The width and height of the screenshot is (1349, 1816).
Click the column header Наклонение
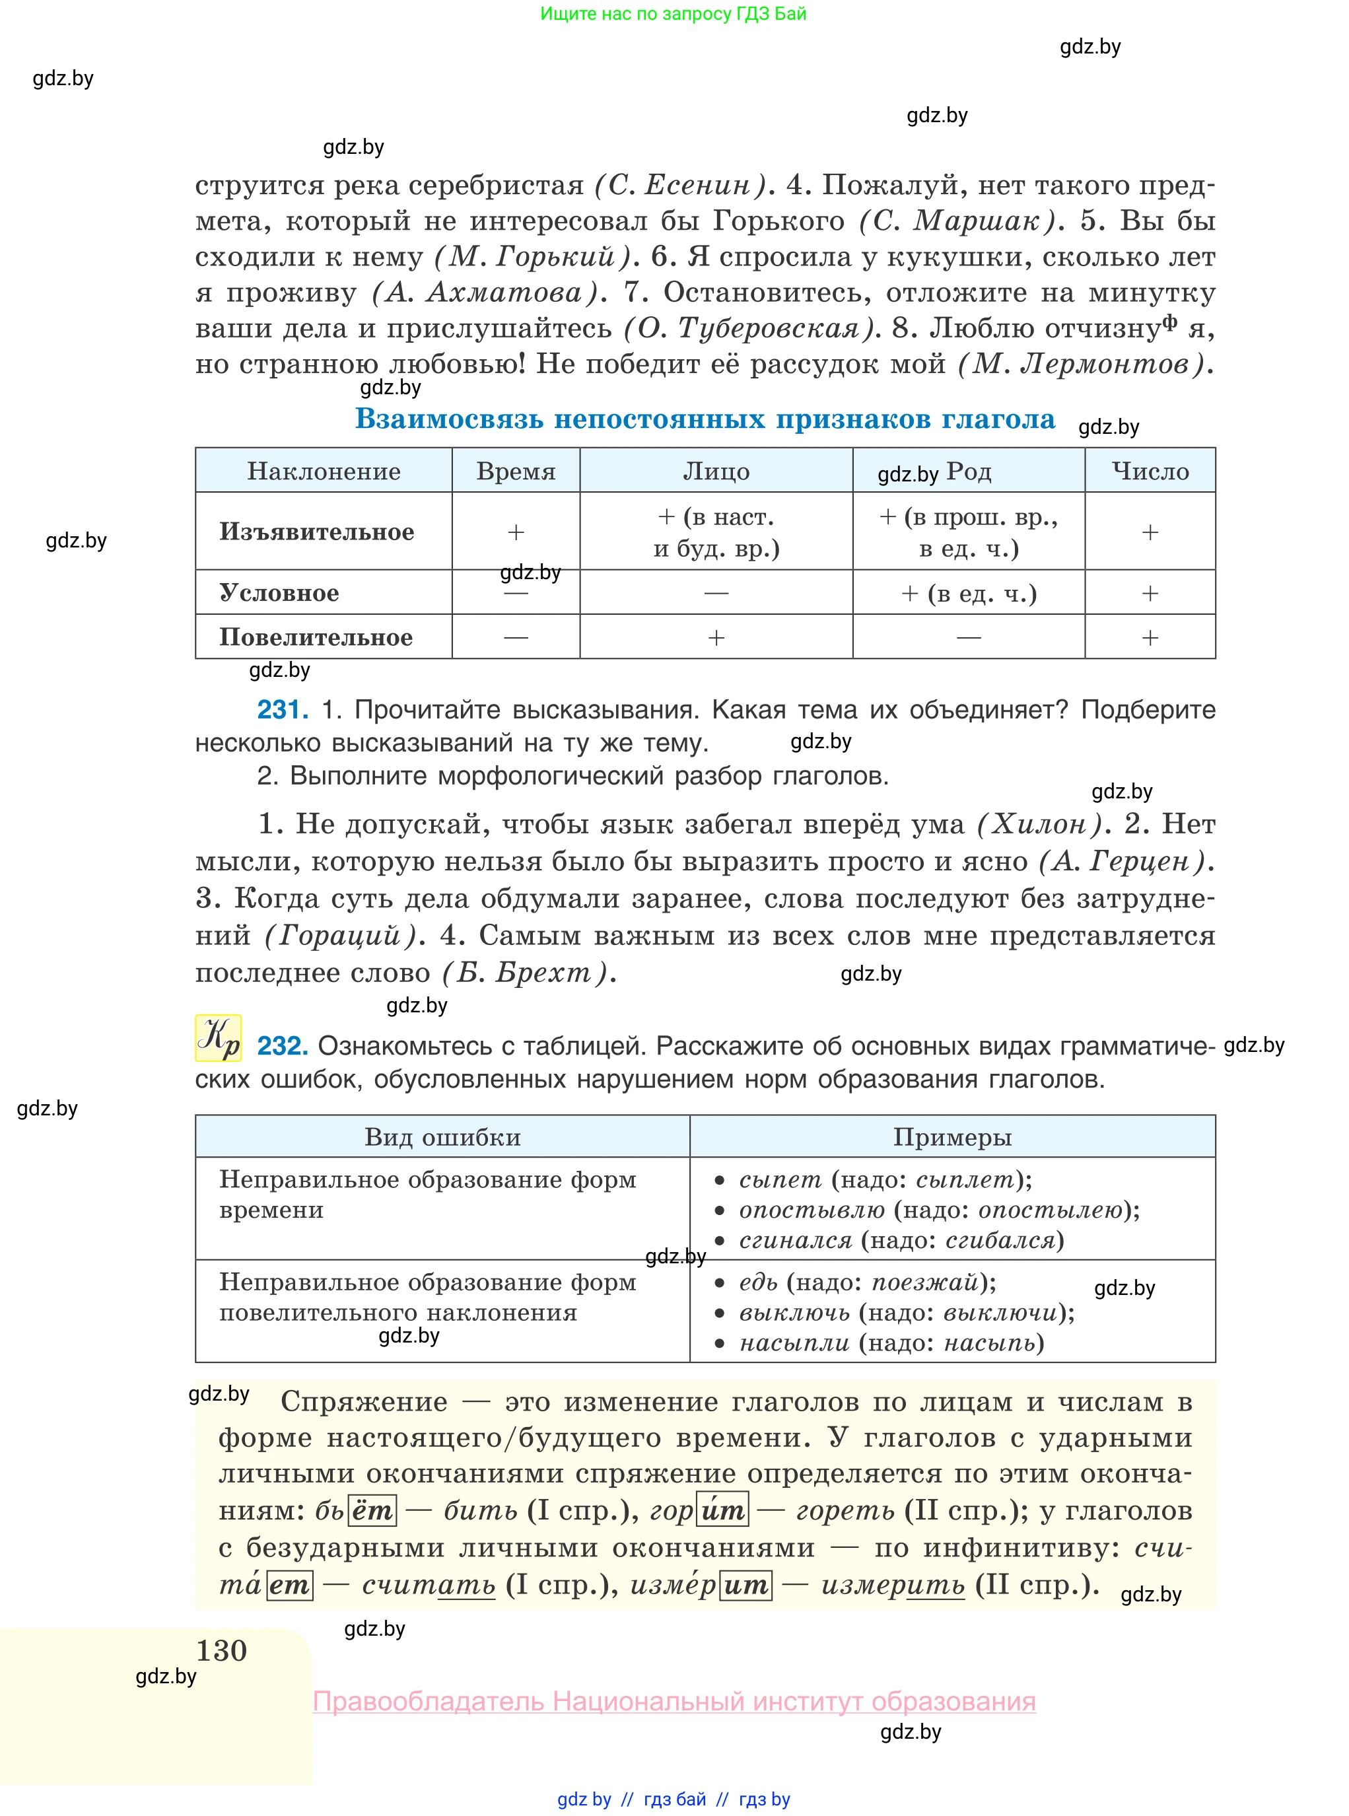pos(324,471)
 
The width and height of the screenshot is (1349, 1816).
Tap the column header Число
pos(1150,471)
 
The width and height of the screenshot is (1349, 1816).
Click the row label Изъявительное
pos(317,532)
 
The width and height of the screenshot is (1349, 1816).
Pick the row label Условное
pos(279,593)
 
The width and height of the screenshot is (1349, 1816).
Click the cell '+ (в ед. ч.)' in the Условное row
pos(969,593)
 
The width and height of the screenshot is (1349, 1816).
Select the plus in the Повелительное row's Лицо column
pos(716,638)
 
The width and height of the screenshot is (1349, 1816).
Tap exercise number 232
pos(283,1045)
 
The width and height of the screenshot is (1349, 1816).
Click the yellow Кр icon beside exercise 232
pos(218,1038)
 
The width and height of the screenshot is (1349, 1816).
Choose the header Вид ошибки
pos(442,1136)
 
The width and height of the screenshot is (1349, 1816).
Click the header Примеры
pos(952,1136)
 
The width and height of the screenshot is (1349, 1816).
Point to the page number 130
pos(221,1650)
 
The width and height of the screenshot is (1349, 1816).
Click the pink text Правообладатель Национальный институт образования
pos(675,1701)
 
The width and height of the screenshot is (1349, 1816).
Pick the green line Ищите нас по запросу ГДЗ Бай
pos(673,14)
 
